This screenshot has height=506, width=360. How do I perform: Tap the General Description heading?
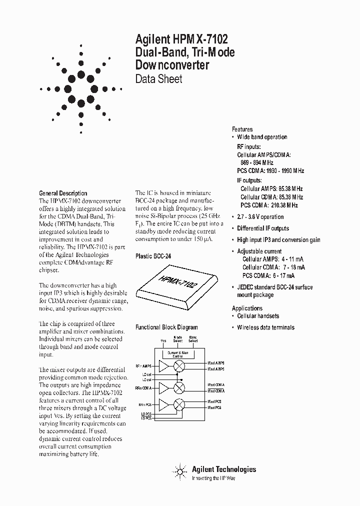coord(63,193)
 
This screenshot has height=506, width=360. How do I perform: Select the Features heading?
coord(242,129)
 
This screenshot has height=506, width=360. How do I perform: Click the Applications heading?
coord(247,308)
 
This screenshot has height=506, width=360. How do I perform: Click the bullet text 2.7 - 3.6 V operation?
coord(260,217)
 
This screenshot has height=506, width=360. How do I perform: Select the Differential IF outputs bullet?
coord(263,228)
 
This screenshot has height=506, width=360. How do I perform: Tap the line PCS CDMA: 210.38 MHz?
coord(269,205)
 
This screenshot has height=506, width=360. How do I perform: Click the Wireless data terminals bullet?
coord(265,327)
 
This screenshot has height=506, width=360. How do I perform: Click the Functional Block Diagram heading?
coord(166,327)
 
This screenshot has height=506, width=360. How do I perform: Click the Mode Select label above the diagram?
coord(178,339)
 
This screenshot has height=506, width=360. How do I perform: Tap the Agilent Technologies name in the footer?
coord(223,469)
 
